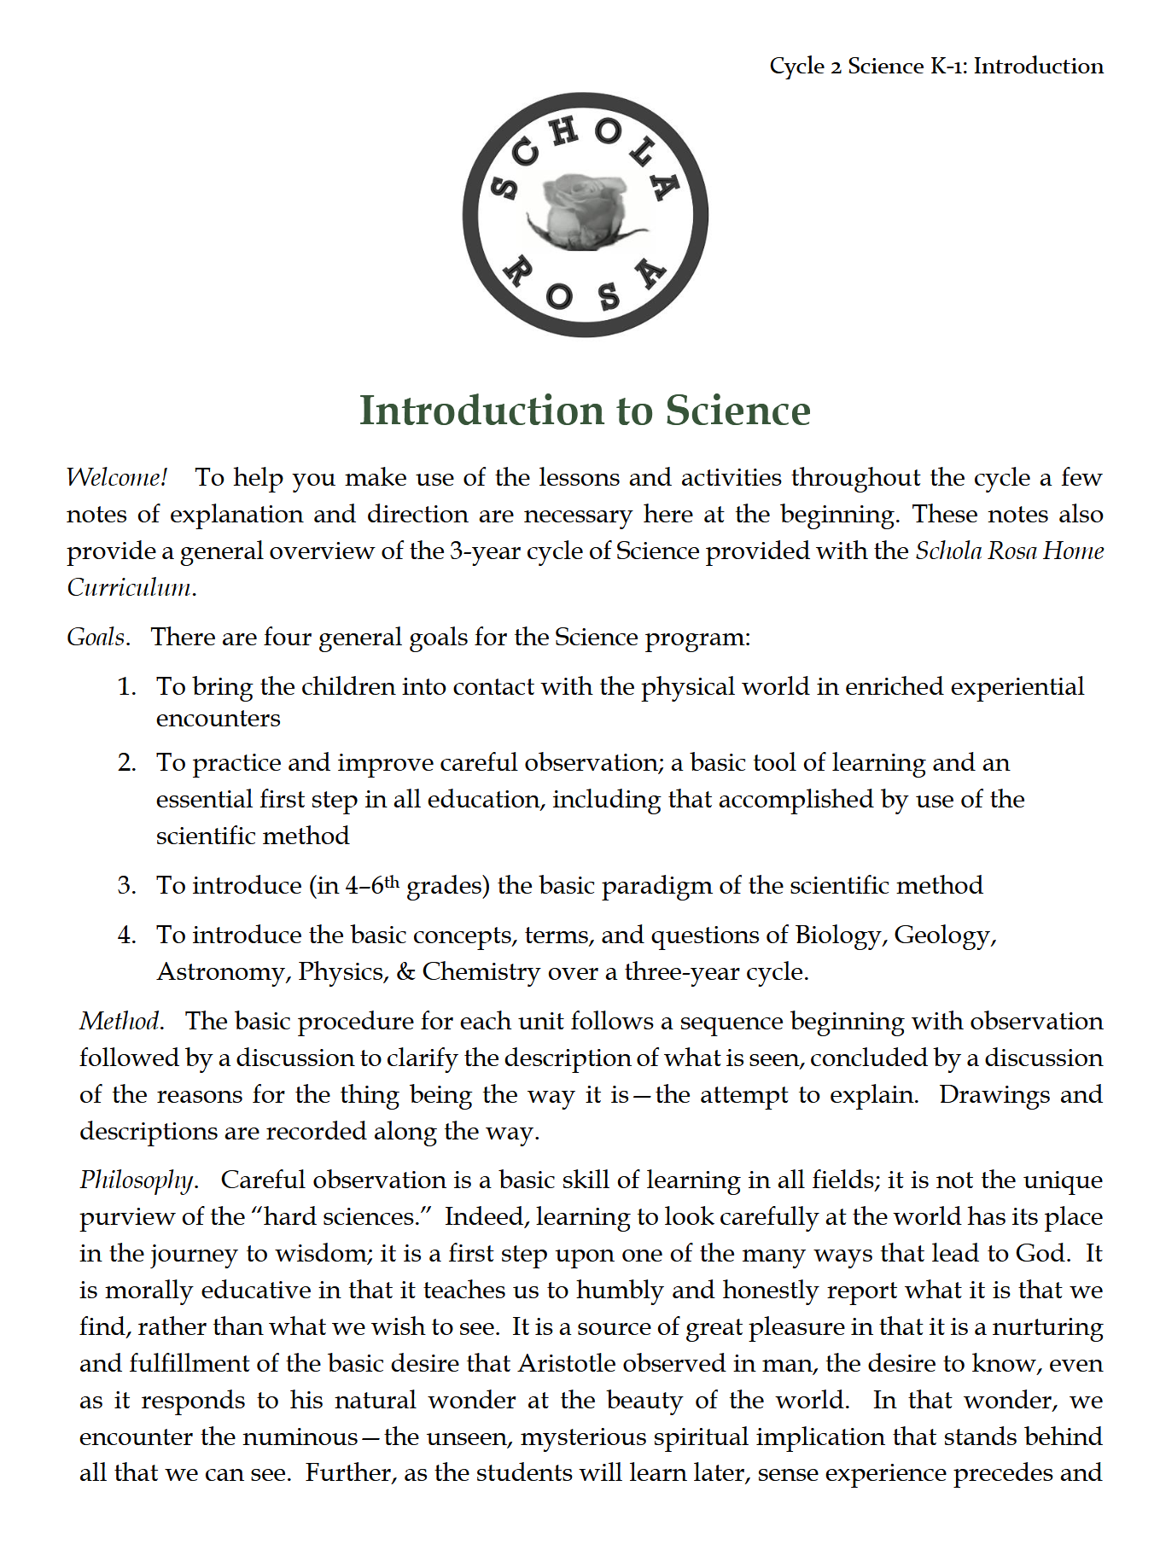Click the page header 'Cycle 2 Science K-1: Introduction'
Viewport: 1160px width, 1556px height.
[x=936, y=66]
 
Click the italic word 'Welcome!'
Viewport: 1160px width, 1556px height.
[x=117, y=477]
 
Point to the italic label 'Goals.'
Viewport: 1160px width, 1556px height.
[x=98, y=638]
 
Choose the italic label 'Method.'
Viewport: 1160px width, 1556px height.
[x=121, y=1021]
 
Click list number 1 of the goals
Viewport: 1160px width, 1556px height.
[x=126, y=687]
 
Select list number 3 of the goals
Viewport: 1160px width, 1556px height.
[x=126, y=885]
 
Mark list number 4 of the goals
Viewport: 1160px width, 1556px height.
[x=126, y=935]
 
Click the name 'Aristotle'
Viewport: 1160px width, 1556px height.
[x=567, y=1363]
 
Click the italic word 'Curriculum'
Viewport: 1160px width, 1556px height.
[x=129, y=587]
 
